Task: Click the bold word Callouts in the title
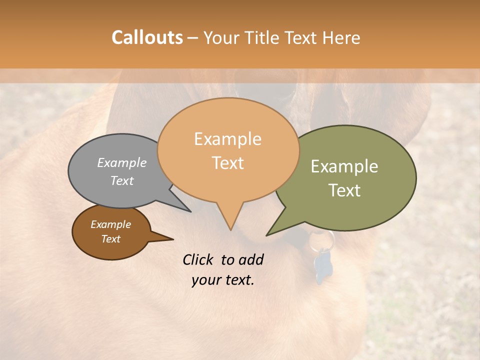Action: click(x=147, y=37)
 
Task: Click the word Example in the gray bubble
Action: click(x=122, y=163)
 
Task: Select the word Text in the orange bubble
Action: click(x=228, y=163)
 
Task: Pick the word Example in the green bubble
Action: click(x=344, y=166)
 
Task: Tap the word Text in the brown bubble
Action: click(x=111, y=239)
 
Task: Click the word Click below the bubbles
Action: click(x=199, y=259)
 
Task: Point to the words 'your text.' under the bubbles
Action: click(x=223, y=280)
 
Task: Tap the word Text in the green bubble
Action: click(x=344, y=190)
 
